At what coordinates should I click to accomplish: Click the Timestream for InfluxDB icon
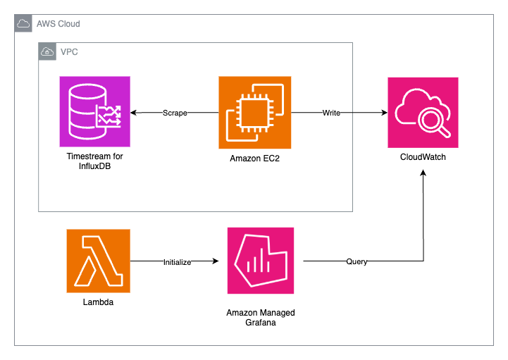pos(95,112)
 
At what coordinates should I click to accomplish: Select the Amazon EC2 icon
pos(256,112)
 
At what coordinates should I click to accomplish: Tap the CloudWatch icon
pos(423,112)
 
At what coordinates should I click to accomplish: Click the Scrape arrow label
pos(175,113)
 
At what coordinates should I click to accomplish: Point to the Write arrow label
pos(332,113)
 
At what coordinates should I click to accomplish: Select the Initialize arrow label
pos(178,261)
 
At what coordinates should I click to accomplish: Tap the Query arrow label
pos(356,261)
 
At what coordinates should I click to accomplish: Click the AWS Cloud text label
pos(58,24)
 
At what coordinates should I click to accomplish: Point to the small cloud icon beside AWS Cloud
pos(23,24)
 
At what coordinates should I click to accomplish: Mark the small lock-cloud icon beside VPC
pos(47,52)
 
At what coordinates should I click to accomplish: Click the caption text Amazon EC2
pos(256,158)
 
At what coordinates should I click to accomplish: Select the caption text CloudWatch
pos(423,157)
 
